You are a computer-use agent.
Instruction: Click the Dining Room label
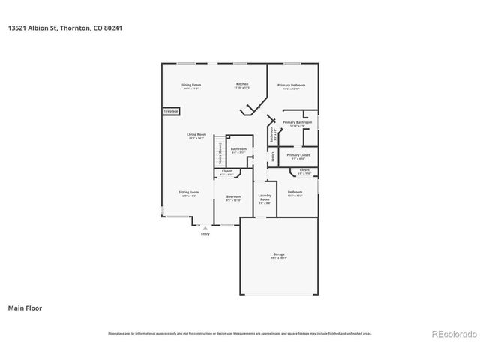click(190, 85)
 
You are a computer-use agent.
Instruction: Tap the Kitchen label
click(242, 84)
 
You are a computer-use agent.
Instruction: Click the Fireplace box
click(171, 111)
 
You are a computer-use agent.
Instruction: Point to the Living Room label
click(196, 134)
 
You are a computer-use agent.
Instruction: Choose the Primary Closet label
click(297, 155)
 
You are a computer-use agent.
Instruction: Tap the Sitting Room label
click(188, 193)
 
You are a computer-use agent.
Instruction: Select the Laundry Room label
click(264, 198)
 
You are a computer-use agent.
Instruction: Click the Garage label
click(279, 254)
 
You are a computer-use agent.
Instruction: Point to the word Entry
click(205, 234)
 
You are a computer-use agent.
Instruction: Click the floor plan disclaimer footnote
click(240, 333)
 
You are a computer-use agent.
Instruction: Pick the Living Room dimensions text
click(196, 138)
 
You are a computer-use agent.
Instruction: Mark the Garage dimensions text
click(279, 258)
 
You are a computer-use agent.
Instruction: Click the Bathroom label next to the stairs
click(238, 148)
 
